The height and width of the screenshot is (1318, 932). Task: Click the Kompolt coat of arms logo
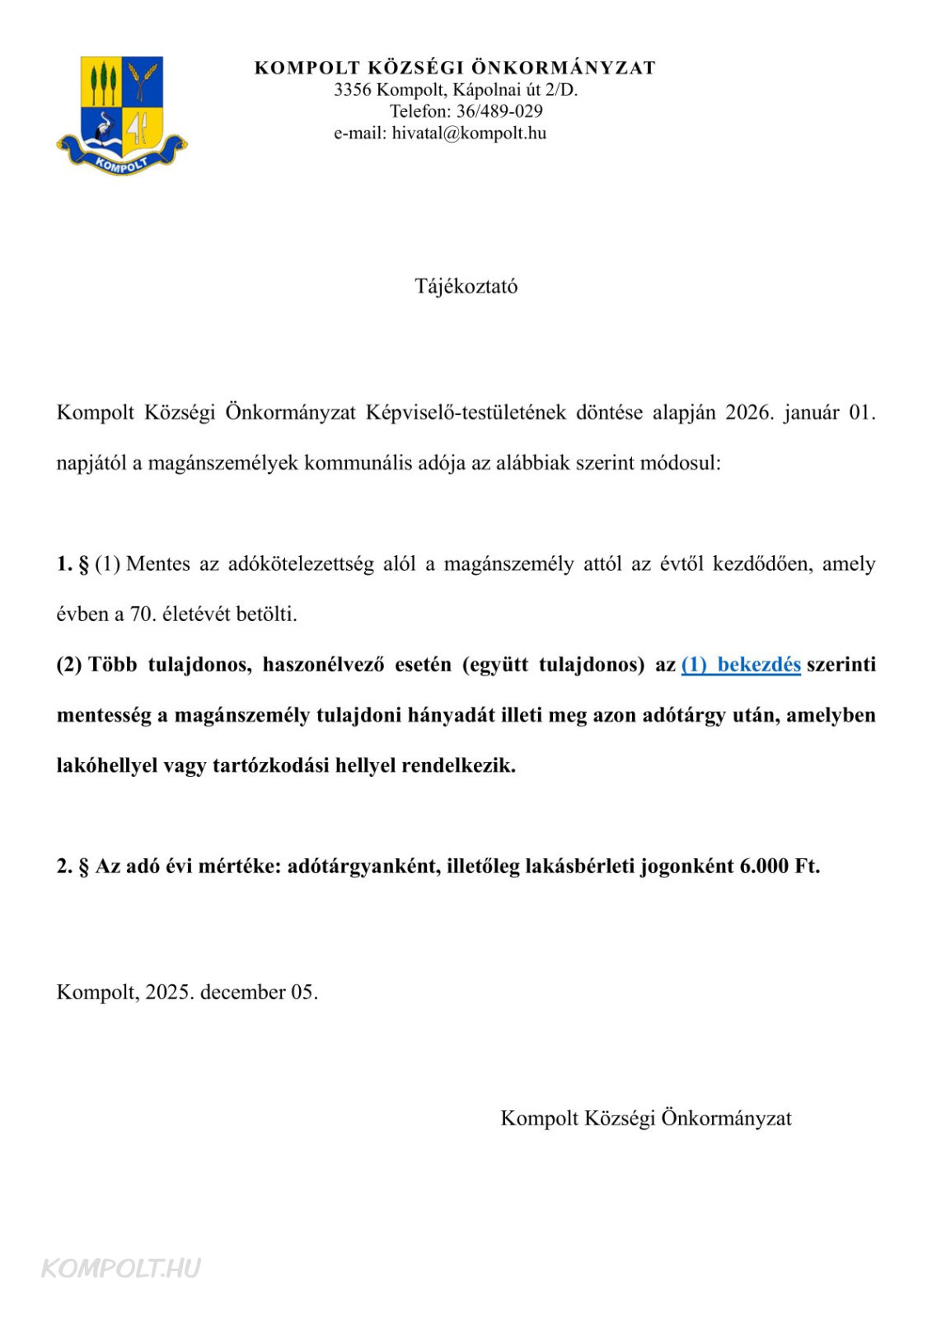click(122, 115)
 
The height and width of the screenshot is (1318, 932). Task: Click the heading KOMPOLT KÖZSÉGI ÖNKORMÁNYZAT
click(455, 68)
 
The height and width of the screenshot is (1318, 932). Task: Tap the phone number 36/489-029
click(499, 111)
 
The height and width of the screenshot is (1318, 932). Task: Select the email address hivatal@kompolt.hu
click(469, 133)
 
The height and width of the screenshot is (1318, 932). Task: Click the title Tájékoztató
click(466, 287)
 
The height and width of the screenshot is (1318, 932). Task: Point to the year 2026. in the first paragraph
click(749, 413)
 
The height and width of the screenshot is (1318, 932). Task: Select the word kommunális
click(358, 463)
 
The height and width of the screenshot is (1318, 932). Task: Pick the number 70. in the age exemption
click(143, 615)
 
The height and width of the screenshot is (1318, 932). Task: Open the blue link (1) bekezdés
click(741, 665)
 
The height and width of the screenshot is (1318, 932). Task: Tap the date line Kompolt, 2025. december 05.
click(187, 992)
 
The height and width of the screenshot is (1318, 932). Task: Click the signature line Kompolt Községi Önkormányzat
click(646, 1119)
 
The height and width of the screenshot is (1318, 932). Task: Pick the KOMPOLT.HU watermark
click(121, 1268)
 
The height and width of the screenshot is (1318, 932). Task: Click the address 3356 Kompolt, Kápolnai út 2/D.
click(456, 90)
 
